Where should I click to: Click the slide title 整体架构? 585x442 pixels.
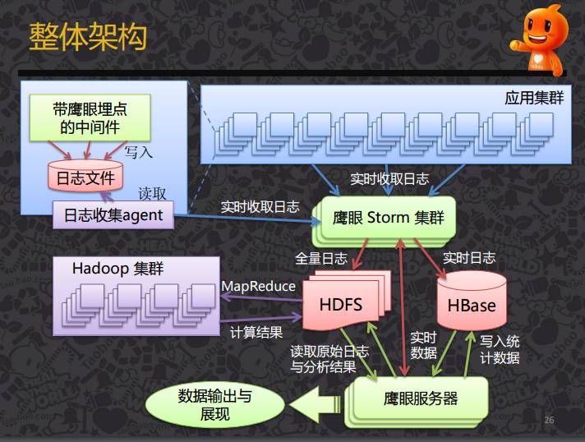[x=88, y=36]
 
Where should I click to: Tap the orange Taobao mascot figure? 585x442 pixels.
[x=539, y=39]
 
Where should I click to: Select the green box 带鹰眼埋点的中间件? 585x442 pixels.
[x=90, y=117]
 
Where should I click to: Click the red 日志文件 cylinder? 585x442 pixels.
[x=85, y=175]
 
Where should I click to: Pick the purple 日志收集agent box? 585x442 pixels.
[x=113, y=215]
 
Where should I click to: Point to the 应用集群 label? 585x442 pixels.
[x=534, y=98]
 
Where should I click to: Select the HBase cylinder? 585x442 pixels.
[x=472, y=301]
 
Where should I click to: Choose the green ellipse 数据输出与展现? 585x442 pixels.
[x=214, y=405]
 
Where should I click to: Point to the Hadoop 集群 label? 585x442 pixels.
[x=117, y=269]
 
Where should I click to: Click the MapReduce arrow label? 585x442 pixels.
[x=258, y=286]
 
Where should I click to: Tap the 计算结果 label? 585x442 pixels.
[x=256, y=332]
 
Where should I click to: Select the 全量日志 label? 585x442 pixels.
[x=321, y=258]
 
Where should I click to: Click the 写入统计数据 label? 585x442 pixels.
[x=500, y=349]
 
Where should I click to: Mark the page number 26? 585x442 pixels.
[x=549, y=420]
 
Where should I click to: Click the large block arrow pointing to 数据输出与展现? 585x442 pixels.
[x=316, y=404]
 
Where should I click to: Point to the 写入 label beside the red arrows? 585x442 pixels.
[x=138, y=152]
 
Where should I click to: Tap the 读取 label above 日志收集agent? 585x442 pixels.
[x=152, y=194]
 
